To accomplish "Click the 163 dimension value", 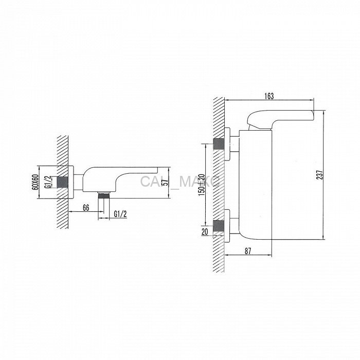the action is click(x=269, y=96).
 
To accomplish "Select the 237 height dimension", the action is click(x=320, y=175).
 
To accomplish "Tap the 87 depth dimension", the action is click(x=248, y=251).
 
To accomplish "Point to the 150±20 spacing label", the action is click(x=202, y=185).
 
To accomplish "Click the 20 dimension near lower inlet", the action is click(x=205, y=231).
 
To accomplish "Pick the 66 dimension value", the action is click(x=86, y=208).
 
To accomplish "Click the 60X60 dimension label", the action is click(x=35, y=182).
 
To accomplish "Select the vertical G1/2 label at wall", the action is click(x=48, y=183).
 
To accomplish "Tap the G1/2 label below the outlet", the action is click(x=120, y=214).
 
